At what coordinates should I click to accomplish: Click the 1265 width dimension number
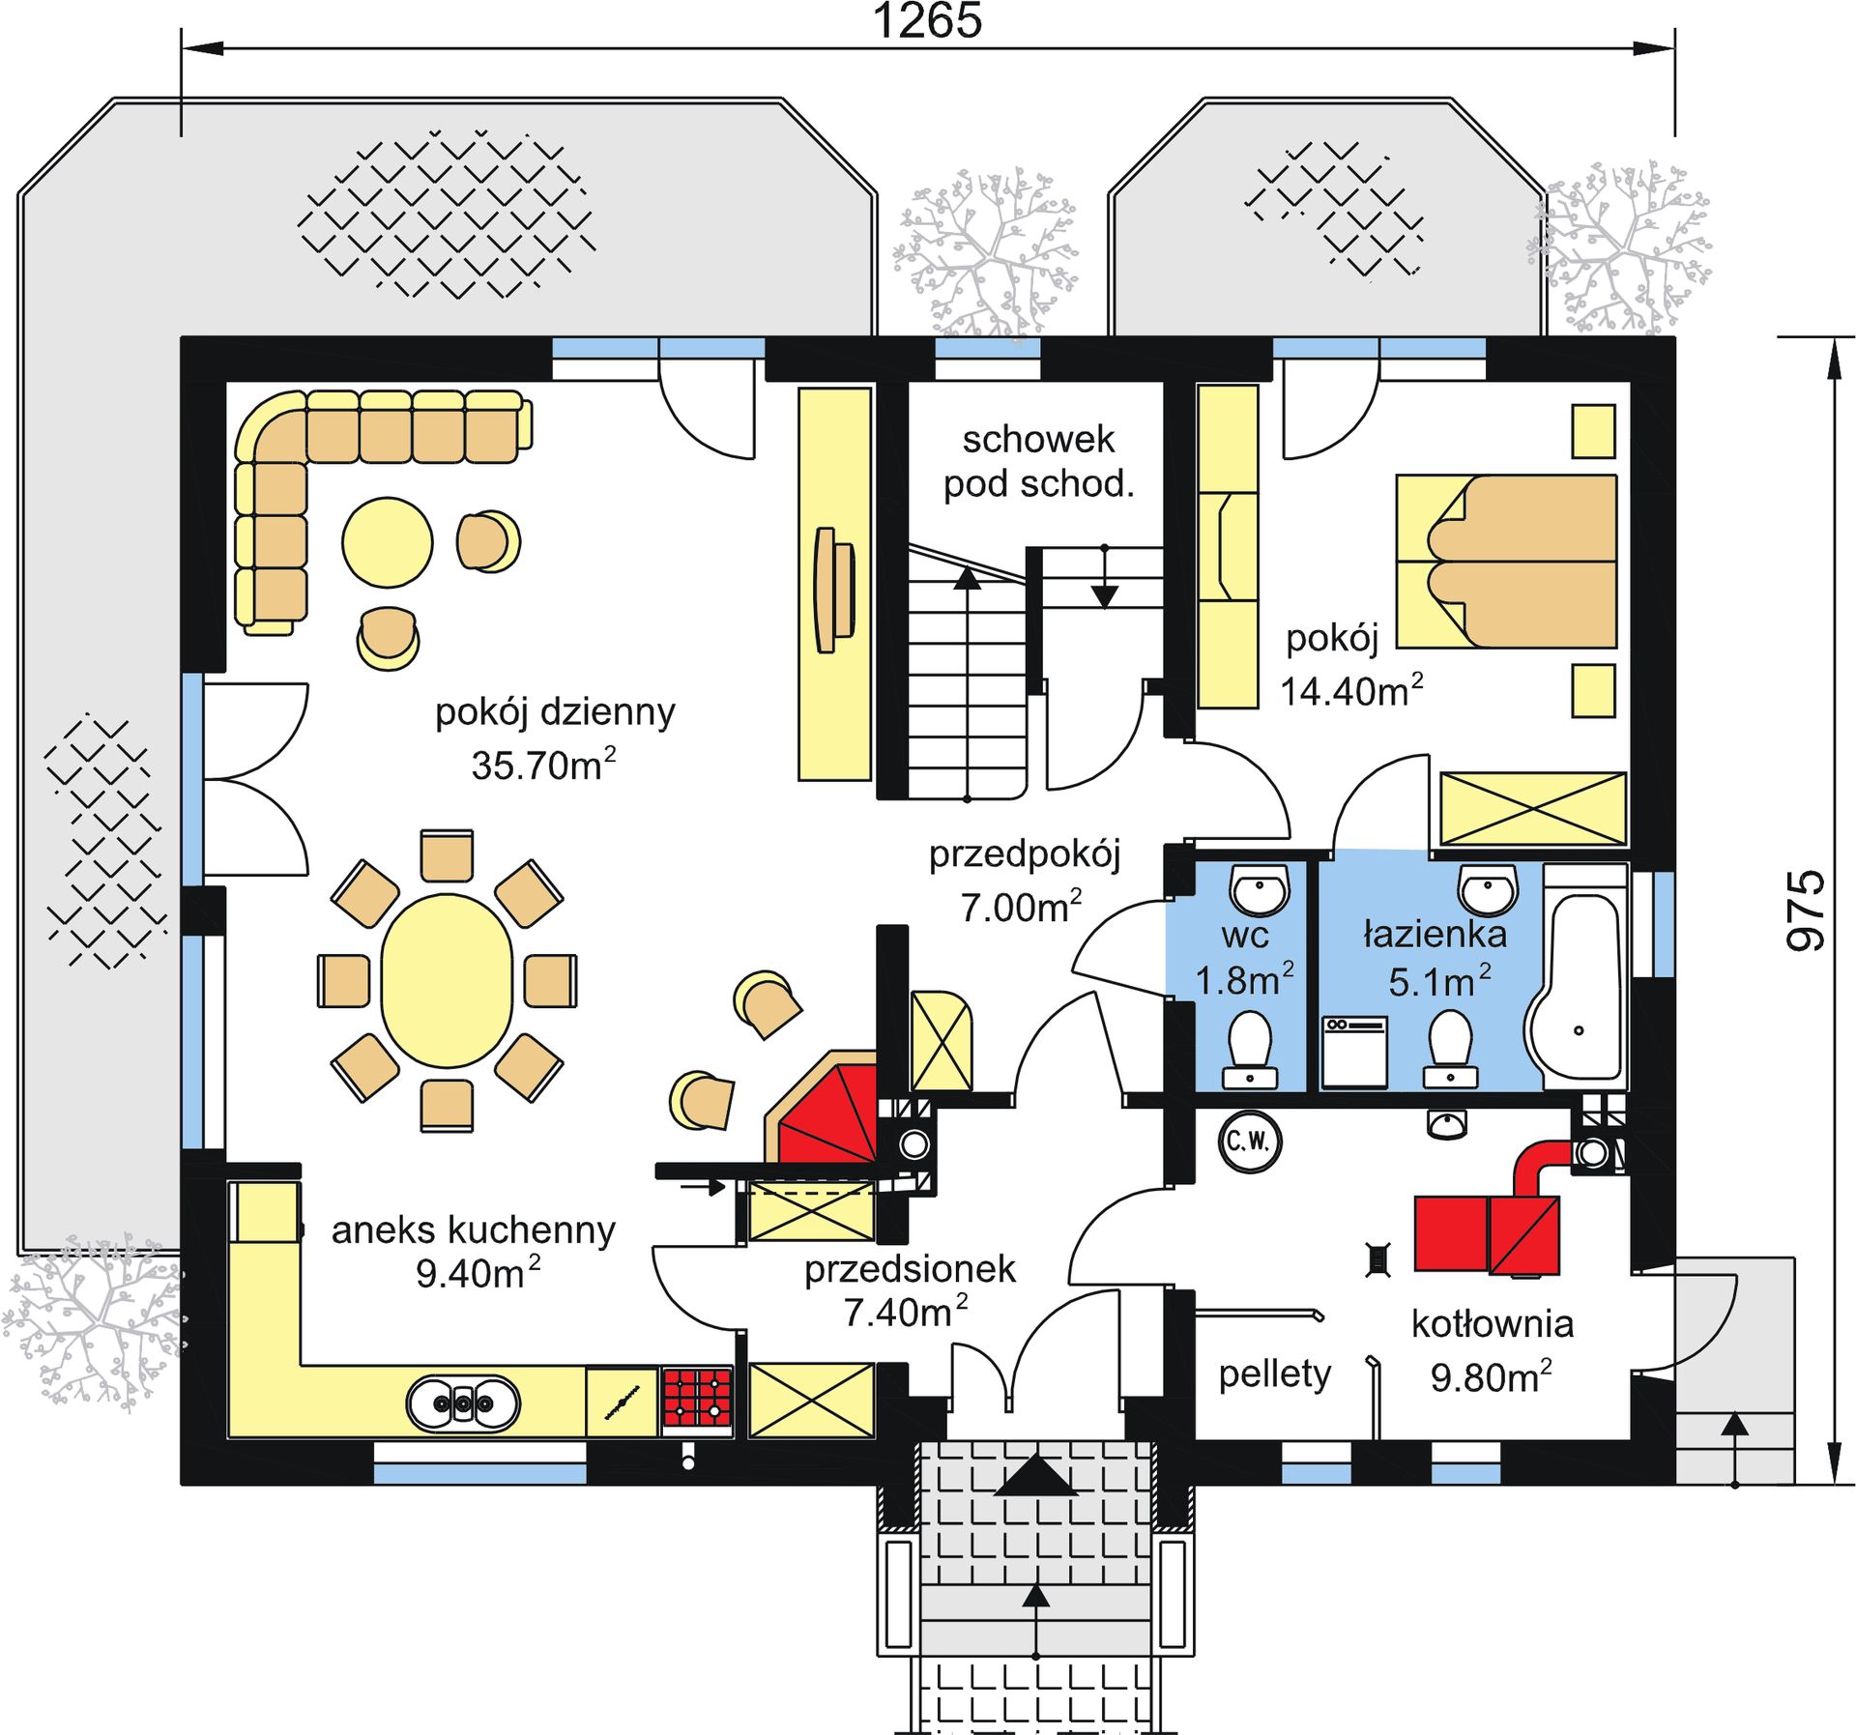click(x=927, y=20)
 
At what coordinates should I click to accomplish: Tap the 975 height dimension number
click(x=1804, y=911)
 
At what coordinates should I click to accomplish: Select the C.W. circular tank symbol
click(x=1250, y=1142)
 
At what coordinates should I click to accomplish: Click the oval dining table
click(x=447, y=980)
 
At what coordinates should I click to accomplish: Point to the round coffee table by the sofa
click(x=388, y=542)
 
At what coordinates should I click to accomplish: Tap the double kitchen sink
click(x=463, y=1402)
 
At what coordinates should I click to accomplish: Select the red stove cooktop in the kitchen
click(x=696, y=1397)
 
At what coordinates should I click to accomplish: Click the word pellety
click(x=1274, y=1374)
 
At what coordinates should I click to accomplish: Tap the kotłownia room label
click(x=1492, y=1323)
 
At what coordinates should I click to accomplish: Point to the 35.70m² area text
click(x=542, y=765)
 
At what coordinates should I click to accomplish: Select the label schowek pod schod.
click(x=1038, y=462)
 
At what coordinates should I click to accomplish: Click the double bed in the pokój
click(x=1506, y=561)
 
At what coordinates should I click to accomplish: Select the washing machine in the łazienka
click(x=1354, y=1052)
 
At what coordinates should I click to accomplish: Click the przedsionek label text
click(x=910, y=1269)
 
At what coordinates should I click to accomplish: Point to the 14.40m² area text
click(x=1351, y=691)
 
